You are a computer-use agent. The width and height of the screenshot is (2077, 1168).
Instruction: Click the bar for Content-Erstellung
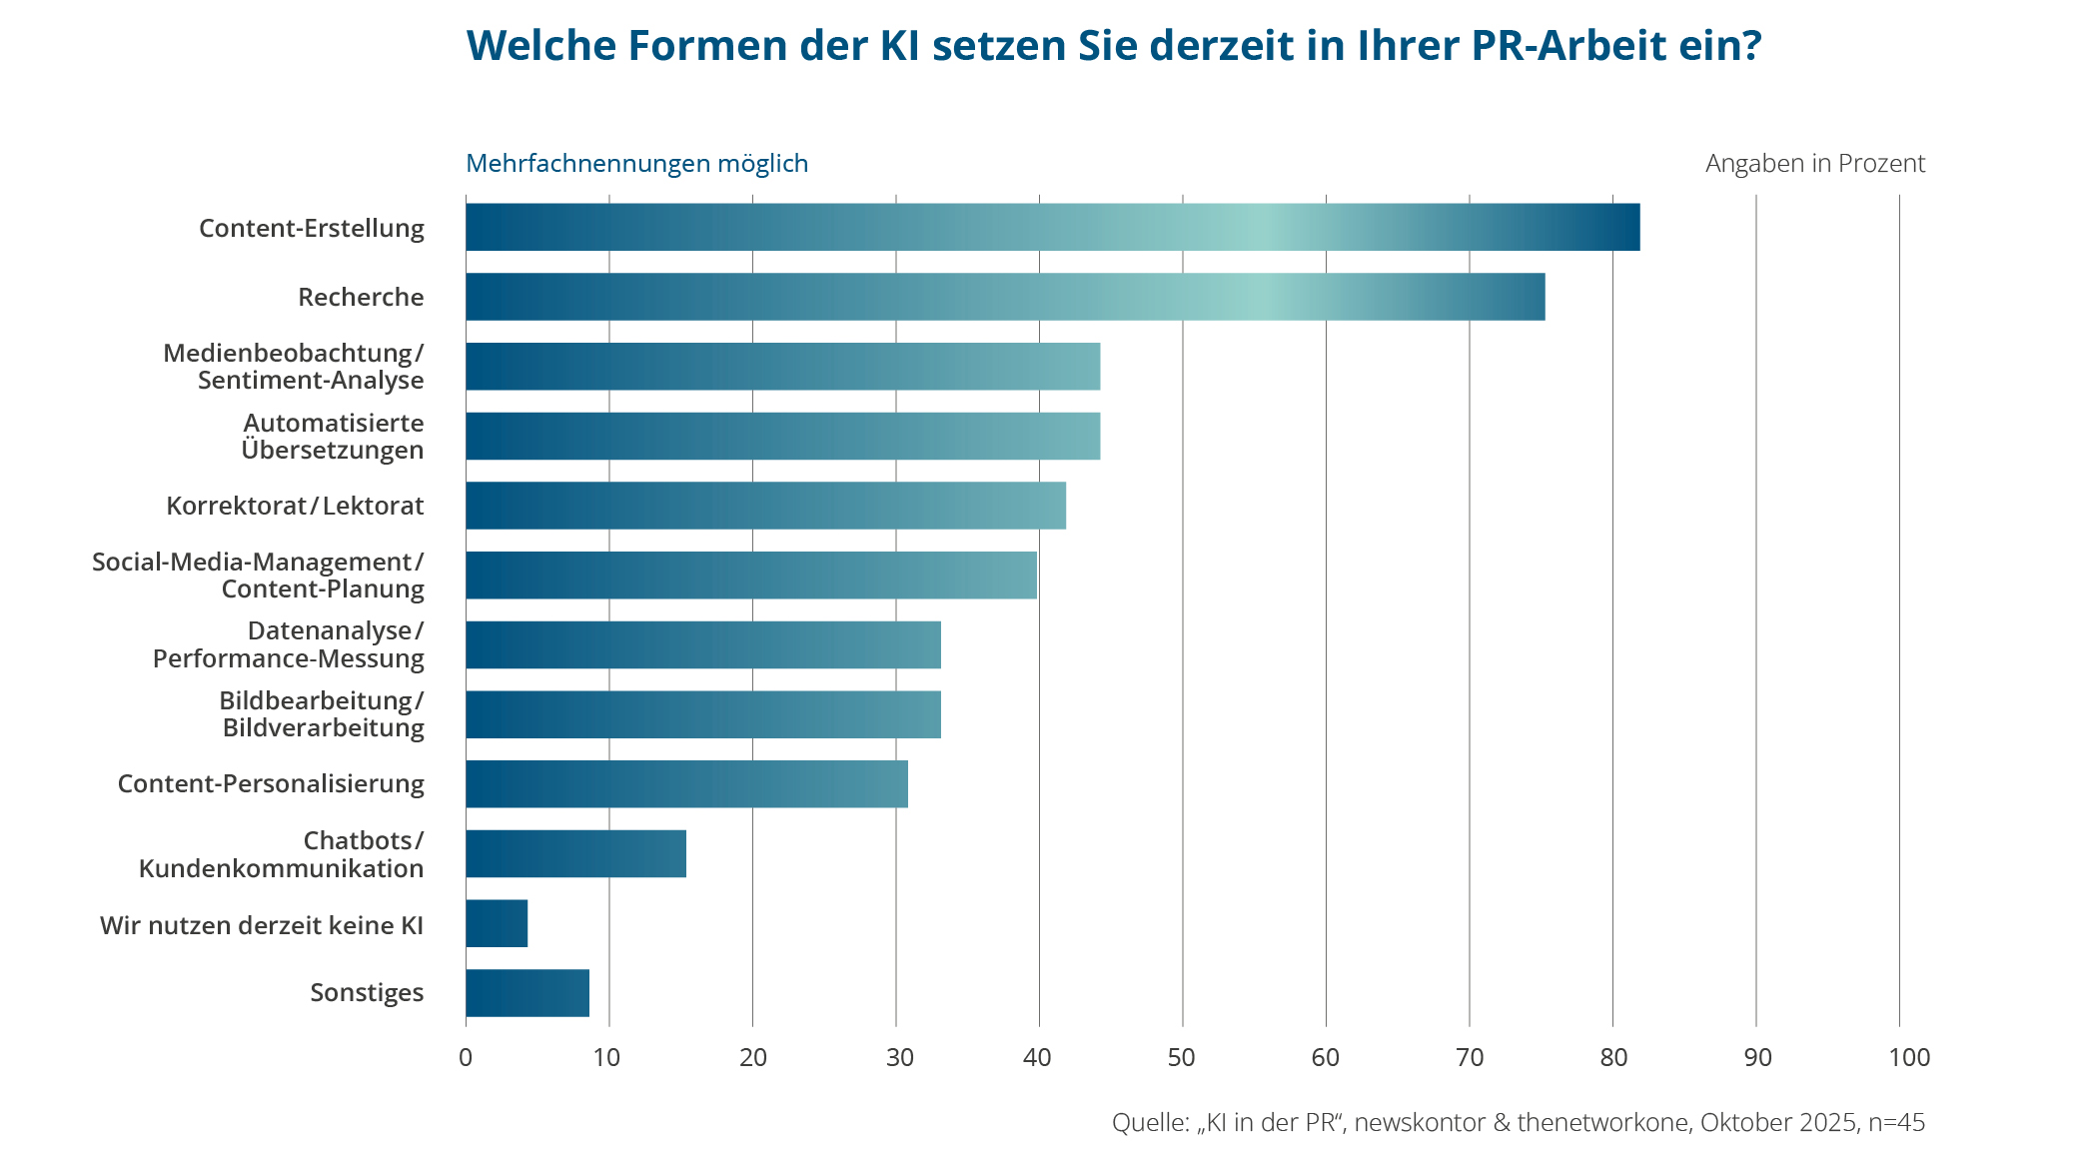pyautogui.click(x=1052, y=227)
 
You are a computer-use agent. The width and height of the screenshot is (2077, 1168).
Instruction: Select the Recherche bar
pyautogui.click(x=1004, y=297)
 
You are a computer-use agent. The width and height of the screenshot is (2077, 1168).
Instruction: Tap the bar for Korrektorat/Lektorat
pyautogui.click(x=765, y=506)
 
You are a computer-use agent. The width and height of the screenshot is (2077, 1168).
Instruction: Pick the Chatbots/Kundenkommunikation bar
pyautogui.click(x=575, y=853)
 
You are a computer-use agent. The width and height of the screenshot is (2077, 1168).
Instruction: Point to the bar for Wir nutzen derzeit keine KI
pyautogui.click(x=497, y=923)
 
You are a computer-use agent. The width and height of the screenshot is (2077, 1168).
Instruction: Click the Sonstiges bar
pyautogui.click(x=527, y=993)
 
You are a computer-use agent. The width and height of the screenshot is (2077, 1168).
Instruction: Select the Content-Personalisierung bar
pyautogui.click(x=686, y=783)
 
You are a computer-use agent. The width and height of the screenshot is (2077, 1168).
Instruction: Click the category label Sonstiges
pyautogui.click(x=367, y=993)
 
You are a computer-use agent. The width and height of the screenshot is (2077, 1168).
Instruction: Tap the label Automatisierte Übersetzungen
pyautogui.click(x=333, y=437)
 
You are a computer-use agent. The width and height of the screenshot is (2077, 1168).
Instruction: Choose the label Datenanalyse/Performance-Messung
pyautogui.click(x=289, y=644)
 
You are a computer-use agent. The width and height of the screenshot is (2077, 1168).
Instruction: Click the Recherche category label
pyautogui.click(x=361, y=298)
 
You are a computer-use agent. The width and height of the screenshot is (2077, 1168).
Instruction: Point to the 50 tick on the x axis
pyautogui.click(x=1182, y=1057)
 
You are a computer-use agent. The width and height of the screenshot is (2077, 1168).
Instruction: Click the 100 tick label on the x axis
pyautogui.click(x=1909, y=1057)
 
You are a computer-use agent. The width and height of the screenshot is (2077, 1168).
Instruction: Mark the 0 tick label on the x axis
pyautogui.click(x=466, y=1057)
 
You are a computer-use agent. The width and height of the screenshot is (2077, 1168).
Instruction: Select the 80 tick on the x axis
pyautogui.click(x=1612, y=1057)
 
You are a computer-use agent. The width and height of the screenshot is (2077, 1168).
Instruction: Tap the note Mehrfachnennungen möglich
pyautogui.click(x=636, y=164)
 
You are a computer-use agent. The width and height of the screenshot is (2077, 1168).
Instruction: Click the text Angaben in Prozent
pyautogui.click(x=1814, y=164)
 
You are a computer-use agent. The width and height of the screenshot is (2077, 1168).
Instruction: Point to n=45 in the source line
pyautogui.click(x=1896, y=1123)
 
